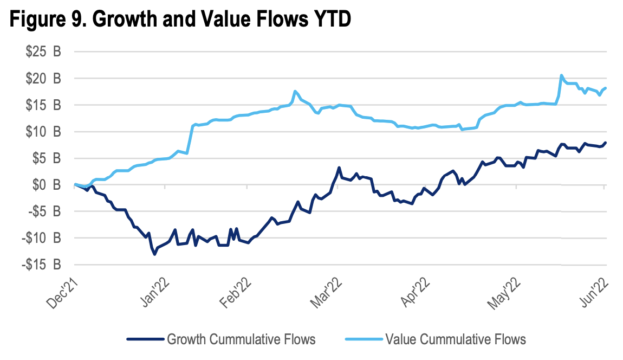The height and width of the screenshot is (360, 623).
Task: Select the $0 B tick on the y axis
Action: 43,185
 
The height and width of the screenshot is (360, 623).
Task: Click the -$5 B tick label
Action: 41,211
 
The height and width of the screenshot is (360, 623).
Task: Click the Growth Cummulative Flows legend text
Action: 241,340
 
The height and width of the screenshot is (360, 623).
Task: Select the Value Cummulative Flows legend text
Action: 455,340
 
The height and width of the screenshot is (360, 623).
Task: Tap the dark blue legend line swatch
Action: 145,340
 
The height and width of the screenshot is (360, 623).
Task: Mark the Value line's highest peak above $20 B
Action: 561,75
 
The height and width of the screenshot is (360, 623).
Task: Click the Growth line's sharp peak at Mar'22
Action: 339,168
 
